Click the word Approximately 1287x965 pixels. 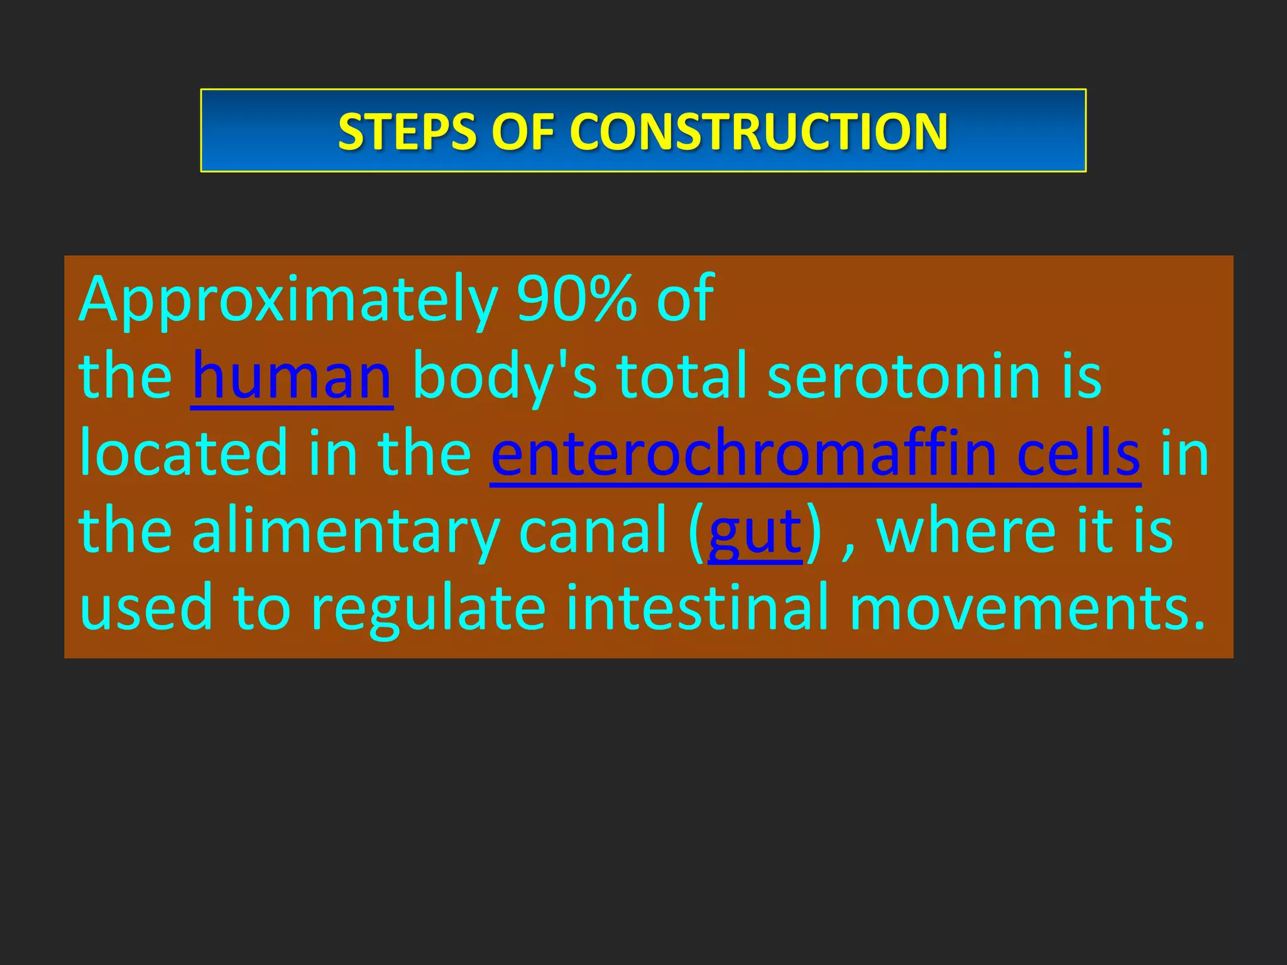[x=288, y=300]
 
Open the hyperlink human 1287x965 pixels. [x=292, y=377]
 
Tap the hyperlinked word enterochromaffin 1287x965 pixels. [x=743, y=454]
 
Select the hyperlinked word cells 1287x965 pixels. [x=1078, y=454]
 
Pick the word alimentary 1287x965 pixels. [x=345, y=532]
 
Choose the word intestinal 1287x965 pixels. [x=698, y=608]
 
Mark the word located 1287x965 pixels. [x=183, y=454]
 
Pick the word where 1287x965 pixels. [x=966, y=532]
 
